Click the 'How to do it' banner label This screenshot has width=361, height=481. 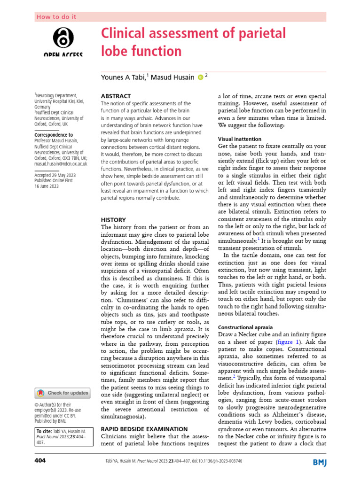click(56, 17)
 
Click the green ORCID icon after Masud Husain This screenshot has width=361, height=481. click(200, 77)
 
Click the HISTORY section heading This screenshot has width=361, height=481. click(114, 219)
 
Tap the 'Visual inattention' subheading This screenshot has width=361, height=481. click(239, 139)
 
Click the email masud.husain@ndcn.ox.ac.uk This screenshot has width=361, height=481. click(61, 164)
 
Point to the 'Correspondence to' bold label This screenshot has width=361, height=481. click(54, 135)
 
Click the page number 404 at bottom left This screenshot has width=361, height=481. click(40, 461)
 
